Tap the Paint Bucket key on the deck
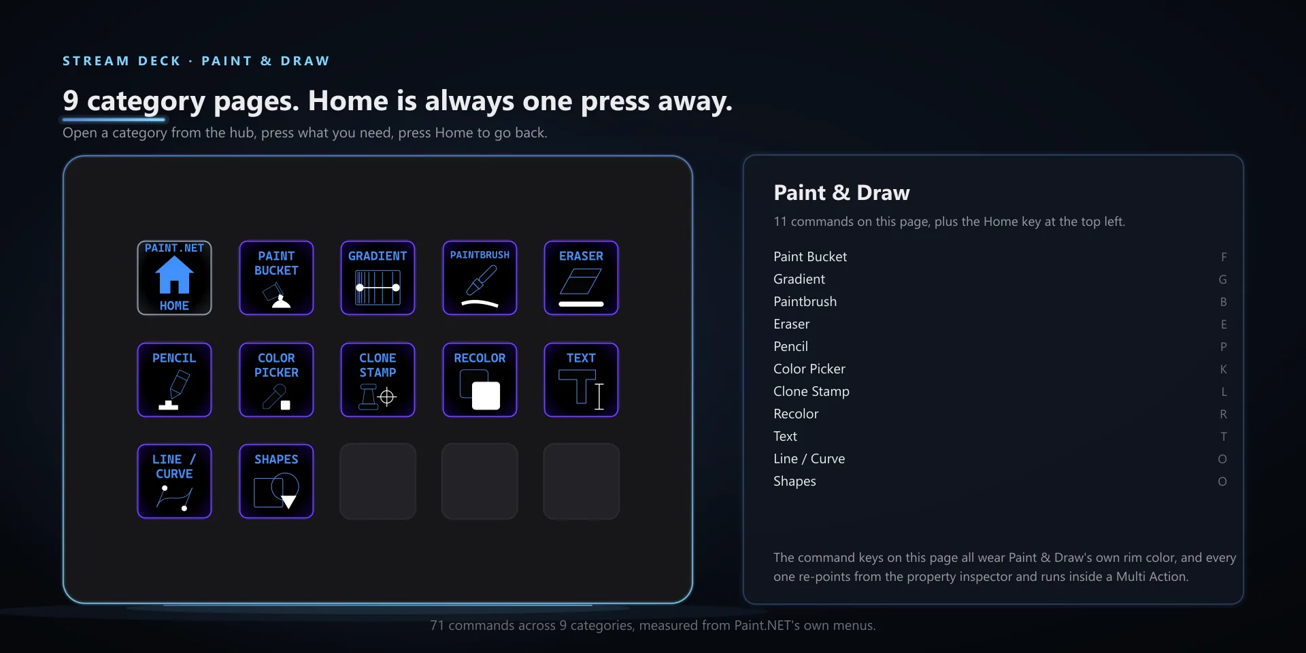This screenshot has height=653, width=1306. pos(276,278)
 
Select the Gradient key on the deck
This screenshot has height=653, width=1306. pos(378,278)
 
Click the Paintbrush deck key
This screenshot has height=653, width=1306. pos(480,278)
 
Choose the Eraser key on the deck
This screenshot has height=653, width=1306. pos(581,278)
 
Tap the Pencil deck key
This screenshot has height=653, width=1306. pos(174,380)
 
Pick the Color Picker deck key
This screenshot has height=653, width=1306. pos(276,380)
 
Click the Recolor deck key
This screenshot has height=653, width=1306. pos(480,380)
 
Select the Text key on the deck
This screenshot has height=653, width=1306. pos(581,380)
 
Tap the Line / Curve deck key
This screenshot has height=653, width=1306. pos(174,481)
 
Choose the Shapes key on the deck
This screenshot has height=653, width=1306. pos(276,481)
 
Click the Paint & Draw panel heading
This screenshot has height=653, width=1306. pos(841,193)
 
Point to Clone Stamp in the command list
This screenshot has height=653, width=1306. pos(811,391)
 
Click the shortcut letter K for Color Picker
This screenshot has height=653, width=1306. pos(1223,369)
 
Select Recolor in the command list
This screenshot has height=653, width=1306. pos(796,414)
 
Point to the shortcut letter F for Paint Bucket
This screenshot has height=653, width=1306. pos(1224,257)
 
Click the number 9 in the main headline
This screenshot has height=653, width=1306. pos(71,101)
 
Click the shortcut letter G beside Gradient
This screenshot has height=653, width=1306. pos(1223,280)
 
